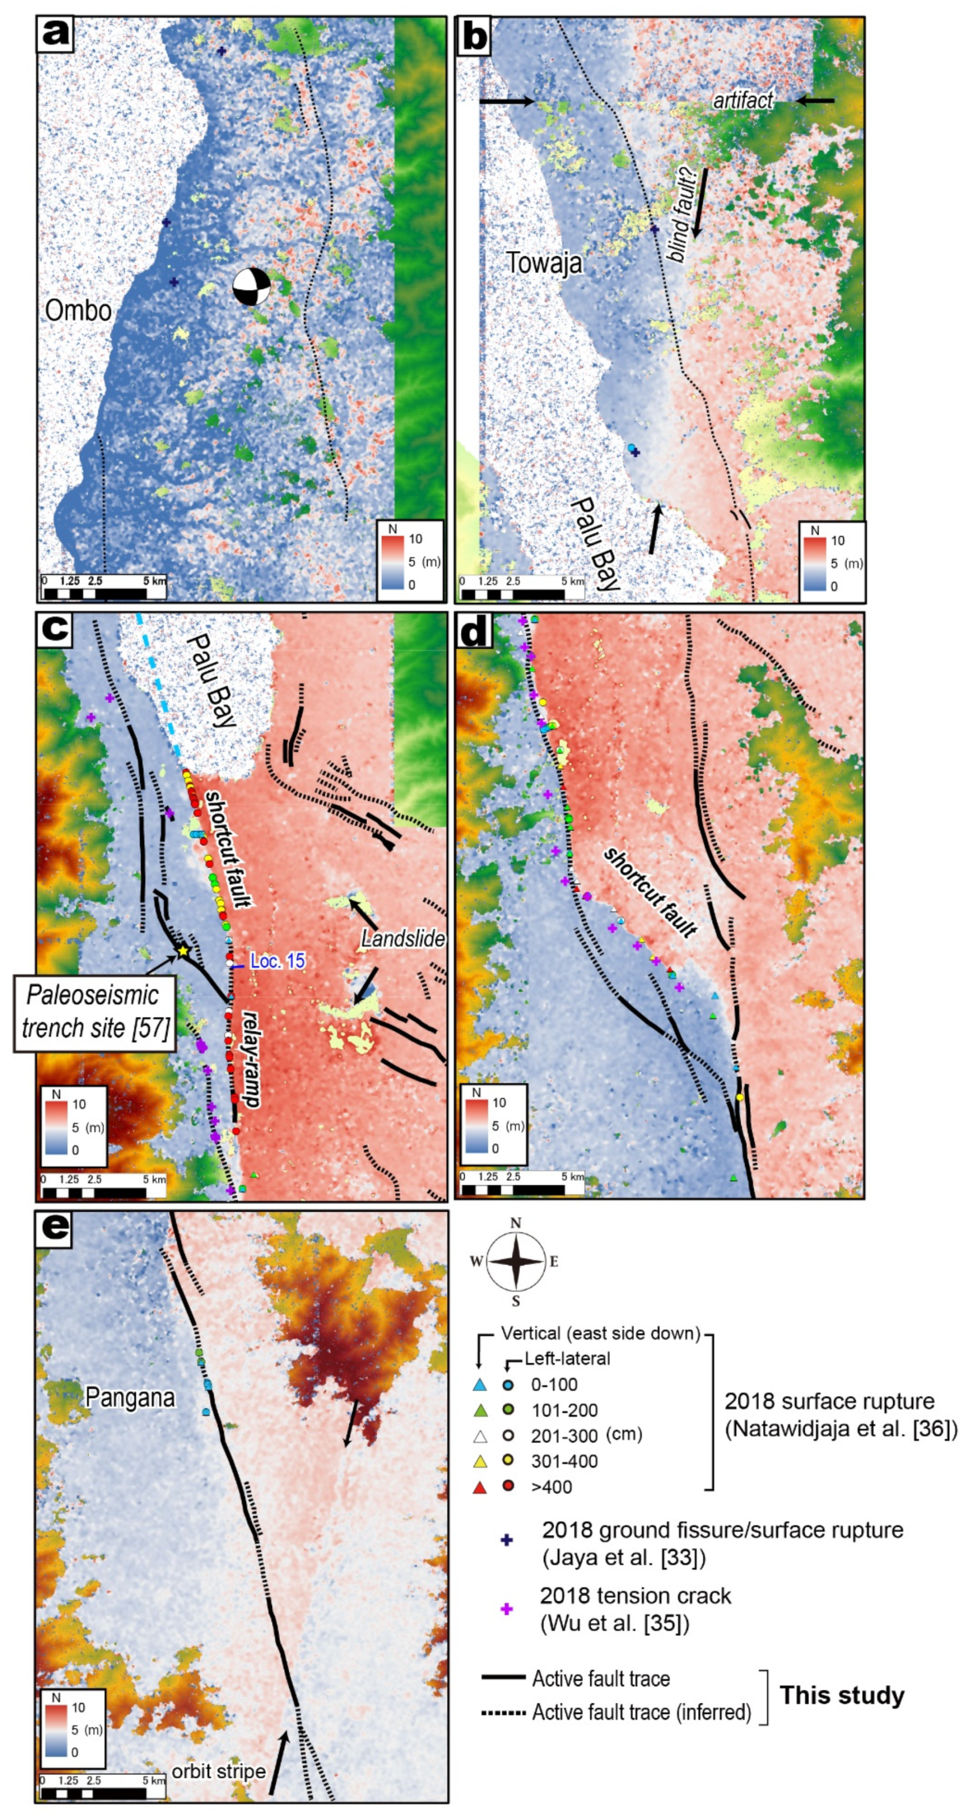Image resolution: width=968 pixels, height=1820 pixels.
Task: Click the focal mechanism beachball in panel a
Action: (x=251, y=286)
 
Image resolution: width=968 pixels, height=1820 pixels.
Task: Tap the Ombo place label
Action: (x=78, y=310)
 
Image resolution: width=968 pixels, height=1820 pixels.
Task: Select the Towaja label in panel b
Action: (x=544, y=263)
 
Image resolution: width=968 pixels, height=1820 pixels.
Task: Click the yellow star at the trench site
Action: (x=183, y=950)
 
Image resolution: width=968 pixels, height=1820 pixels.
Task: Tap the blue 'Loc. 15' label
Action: (x=278, y=962)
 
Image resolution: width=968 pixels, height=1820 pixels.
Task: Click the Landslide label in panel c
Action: (x=403, y=939)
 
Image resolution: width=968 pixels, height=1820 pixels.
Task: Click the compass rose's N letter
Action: (x=516, y=1223)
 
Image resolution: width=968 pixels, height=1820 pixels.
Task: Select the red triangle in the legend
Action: (x=480, y=1487)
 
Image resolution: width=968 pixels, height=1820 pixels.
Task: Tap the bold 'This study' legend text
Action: (x=842, y=1695)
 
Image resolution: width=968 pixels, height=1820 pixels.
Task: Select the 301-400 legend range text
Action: (x=564, y=1461)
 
